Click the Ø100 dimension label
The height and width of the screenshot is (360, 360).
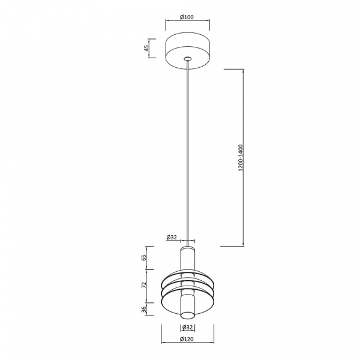coord(187,17)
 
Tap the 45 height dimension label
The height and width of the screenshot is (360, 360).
coord(146,48)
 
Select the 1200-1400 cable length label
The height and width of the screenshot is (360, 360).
coord(241,158)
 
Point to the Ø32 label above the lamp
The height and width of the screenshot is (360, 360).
coord(172,238)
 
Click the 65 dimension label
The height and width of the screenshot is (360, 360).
coord(144,258)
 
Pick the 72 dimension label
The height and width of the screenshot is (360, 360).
coord(144,285)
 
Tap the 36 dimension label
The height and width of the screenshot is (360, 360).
coord(144,309)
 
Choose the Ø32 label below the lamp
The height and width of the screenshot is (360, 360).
coord(188,328)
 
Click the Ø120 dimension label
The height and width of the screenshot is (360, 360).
coord(187,339)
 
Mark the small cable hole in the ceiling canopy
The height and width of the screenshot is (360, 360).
coord(188,58)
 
